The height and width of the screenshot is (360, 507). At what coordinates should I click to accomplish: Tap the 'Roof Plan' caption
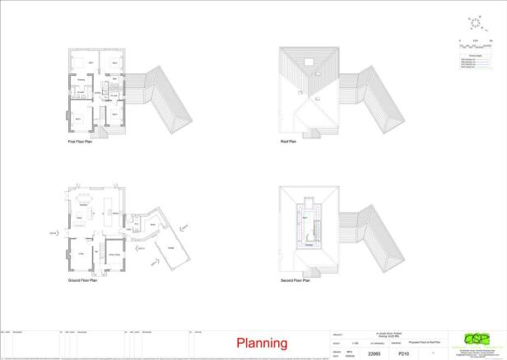coord(287,143)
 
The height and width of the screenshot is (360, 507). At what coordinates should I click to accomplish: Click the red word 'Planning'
coord(262,343)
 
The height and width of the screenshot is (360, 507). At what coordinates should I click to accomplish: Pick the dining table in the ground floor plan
coord(81,201)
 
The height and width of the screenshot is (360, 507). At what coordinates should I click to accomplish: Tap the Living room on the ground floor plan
coord(81,256)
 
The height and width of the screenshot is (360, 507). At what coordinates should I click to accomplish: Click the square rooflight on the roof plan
coord(309,61)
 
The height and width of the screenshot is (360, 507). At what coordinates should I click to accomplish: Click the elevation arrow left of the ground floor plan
coord(54,233)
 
